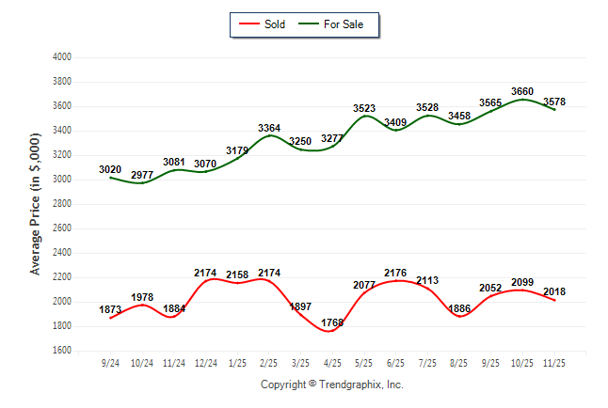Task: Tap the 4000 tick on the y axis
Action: click(61, 57)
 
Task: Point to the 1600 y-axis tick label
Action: click(61, 351)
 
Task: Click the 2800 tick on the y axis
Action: click(61, 204)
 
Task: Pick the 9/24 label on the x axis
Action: click(111, 362)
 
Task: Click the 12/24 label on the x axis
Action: click(206, 362)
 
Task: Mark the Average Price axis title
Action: click(36, 204)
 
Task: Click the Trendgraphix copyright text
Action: click(331, 384)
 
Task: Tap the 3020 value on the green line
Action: click(111, 170)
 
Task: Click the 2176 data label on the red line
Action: click(396, 274)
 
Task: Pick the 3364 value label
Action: click(269, 128)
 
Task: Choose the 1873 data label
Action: click(111, 310)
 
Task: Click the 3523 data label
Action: click(365, 108)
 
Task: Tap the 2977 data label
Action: click(143, 175)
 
